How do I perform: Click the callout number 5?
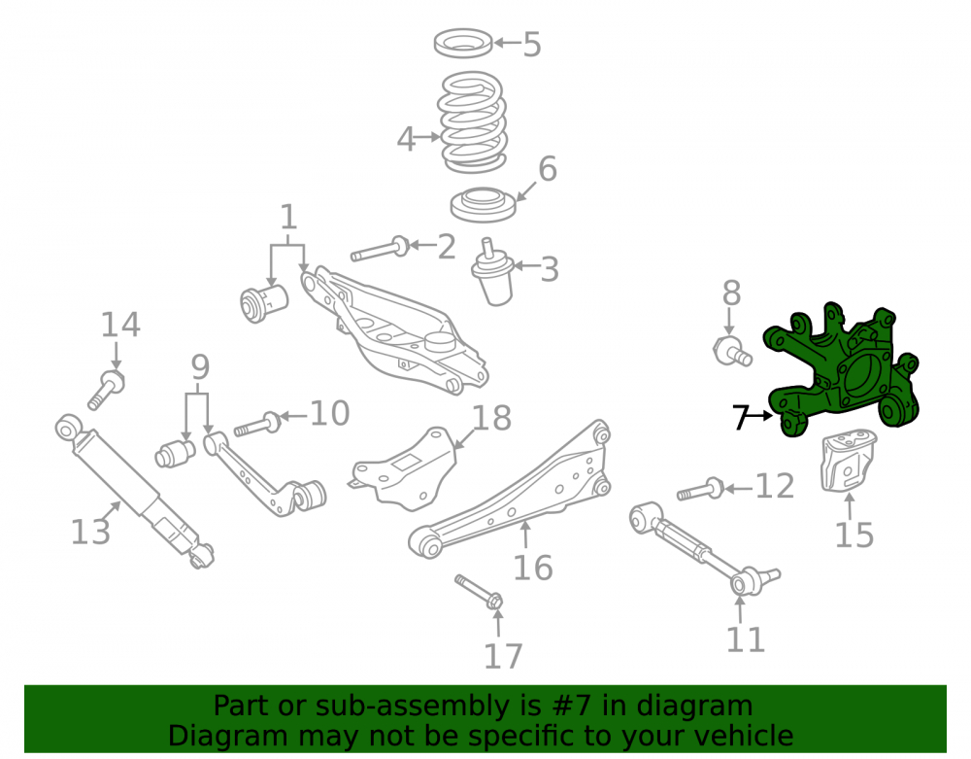(532, 45)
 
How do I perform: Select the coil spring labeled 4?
(473, 122)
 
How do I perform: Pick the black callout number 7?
(741, 417)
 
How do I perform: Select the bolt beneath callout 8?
(732, 352)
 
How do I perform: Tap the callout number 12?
(775, 486)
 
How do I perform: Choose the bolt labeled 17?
(480, 592)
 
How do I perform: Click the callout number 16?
(532, 568)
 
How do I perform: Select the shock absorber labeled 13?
(134, 490)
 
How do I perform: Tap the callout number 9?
(200, 367)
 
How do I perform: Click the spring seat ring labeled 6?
(483, 205)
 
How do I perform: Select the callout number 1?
(288, 218)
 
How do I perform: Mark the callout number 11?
(746, 639)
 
